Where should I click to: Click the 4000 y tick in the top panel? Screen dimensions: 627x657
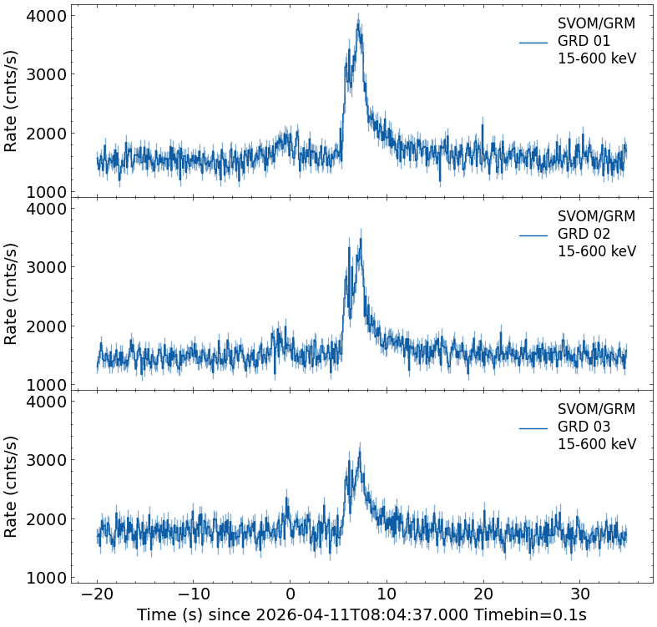tap(46, 16)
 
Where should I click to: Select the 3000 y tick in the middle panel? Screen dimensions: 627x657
tap(46, 268)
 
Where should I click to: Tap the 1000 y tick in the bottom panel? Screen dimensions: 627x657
tap(46, 578)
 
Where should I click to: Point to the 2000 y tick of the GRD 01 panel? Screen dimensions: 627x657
tap(46, 134)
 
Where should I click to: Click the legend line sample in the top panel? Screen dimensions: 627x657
tap(533, 42)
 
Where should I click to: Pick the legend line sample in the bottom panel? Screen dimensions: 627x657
tap(533, 427)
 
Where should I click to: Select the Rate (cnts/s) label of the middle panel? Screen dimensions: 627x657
tap(12, 293)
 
